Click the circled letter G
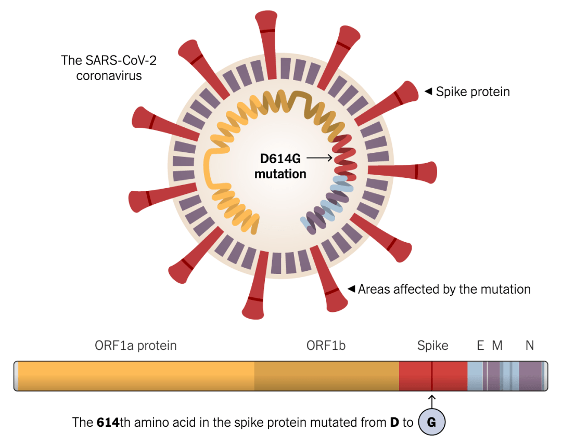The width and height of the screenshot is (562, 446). point(431,422)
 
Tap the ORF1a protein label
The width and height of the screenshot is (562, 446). point(136,346)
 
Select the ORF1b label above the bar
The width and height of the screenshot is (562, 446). point(326,346)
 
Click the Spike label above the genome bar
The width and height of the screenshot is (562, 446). point(432,346)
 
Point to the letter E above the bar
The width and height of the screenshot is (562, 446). point(480,346)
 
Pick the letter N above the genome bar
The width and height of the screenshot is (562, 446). point(529,346)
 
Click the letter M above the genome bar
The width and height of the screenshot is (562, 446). point(497,346)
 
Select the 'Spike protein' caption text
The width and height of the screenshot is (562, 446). point(472,92)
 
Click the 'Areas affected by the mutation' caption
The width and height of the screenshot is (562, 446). point(444,290)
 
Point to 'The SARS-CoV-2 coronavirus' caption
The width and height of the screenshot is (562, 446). point(109,68)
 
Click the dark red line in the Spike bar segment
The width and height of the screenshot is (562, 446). point(431,376)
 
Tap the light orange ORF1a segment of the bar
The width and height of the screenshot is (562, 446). point(135,376)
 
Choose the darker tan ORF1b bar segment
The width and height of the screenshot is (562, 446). point(326,376)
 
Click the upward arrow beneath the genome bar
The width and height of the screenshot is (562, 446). point(431,401)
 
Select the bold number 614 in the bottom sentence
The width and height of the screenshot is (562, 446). point(108,423)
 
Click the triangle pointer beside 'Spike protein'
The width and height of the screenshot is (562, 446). point(428,91)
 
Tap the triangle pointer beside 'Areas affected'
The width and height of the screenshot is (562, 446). point(351,288)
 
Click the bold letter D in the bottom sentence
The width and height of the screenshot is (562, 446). point(395,423)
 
